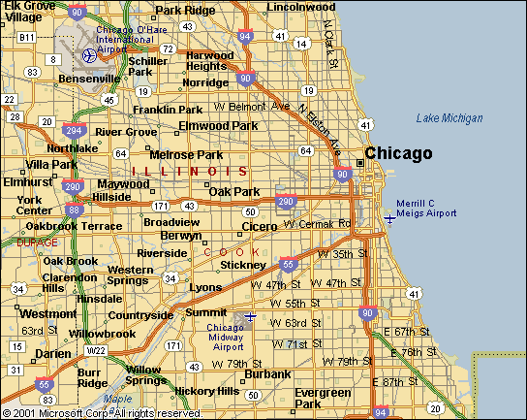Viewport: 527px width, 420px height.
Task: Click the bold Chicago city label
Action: click(398, 153)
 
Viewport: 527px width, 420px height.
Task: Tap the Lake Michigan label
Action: click(449, 118)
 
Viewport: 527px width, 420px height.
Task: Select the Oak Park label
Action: click(234, 191)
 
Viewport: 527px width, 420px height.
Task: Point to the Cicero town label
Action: click(260, 226)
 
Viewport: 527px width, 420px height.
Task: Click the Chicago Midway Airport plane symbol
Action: click(251, 316)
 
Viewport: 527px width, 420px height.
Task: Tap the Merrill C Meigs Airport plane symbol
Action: click(389, 218)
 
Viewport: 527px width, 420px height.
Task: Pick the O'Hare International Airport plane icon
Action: click(89, 54)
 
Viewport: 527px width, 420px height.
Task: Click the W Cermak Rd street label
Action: click(317, 224)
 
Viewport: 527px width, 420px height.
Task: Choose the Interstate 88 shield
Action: click(74, 210)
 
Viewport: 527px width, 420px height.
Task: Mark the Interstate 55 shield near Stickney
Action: click(287, 263)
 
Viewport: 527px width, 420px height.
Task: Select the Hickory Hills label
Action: click(206, 391)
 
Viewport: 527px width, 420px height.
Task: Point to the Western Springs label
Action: click(130, 275)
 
